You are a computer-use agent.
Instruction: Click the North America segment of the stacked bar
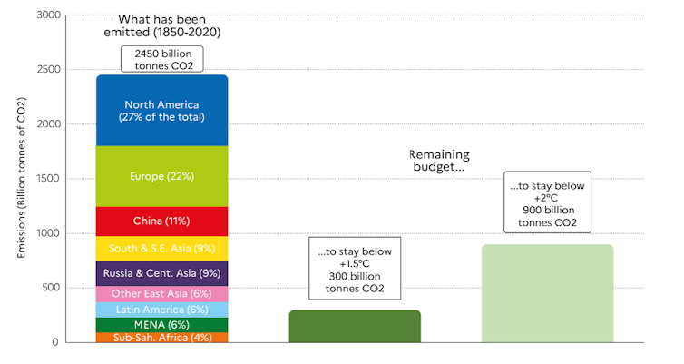click(161, 110)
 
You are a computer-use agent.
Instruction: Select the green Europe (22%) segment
click(161, 176)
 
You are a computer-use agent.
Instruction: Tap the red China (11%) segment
click(161, 221)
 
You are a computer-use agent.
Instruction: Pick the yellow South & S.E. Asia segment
click(161, 248)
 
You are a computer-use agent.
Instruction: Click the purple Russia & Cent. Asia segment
click(161, 274)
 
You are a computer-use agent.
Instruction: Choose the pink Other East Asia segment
click(161, 294)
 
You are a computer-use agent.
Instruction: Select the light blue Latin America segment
click(161, 310)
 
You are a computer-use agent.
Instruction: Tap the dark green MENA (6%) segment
click(161, 325)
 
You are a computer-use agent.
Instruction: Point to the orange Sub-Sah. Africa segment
click(161, 338)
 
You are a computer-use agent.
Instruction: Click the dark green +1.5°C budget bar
click(355, 326)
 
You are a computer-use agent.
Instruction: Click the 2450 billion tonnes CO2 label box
click(163, 59)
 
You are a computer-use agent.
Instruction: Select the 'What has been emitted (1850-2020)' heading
click(163, 26)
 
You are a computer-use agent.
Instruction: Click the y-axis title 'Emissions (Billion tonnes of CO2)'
click(19, 178)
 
